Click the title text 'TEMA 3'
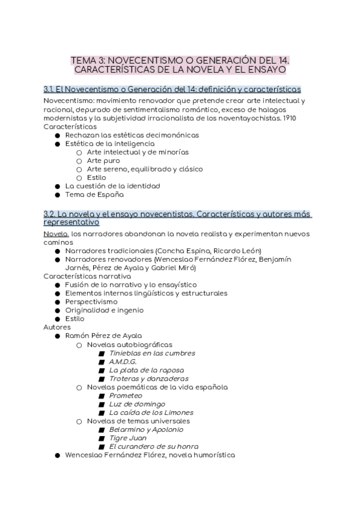(85, 60)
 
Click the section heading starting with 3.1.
(172, 89)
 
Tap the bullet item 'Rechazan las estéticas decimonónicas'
(132, 135)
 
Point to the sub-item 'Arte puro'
(103, 161)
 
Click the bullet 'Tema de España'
(94, 195)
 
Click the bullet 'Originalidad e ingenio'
(105, 310)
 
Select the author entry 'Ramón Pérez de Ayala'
(103, 336)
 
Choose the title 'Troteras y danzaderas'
(148, 378)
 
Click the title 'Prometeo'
(126, 396)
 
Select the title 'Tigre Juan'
(128, 438)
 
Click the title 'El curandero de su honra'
(153, 446)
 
